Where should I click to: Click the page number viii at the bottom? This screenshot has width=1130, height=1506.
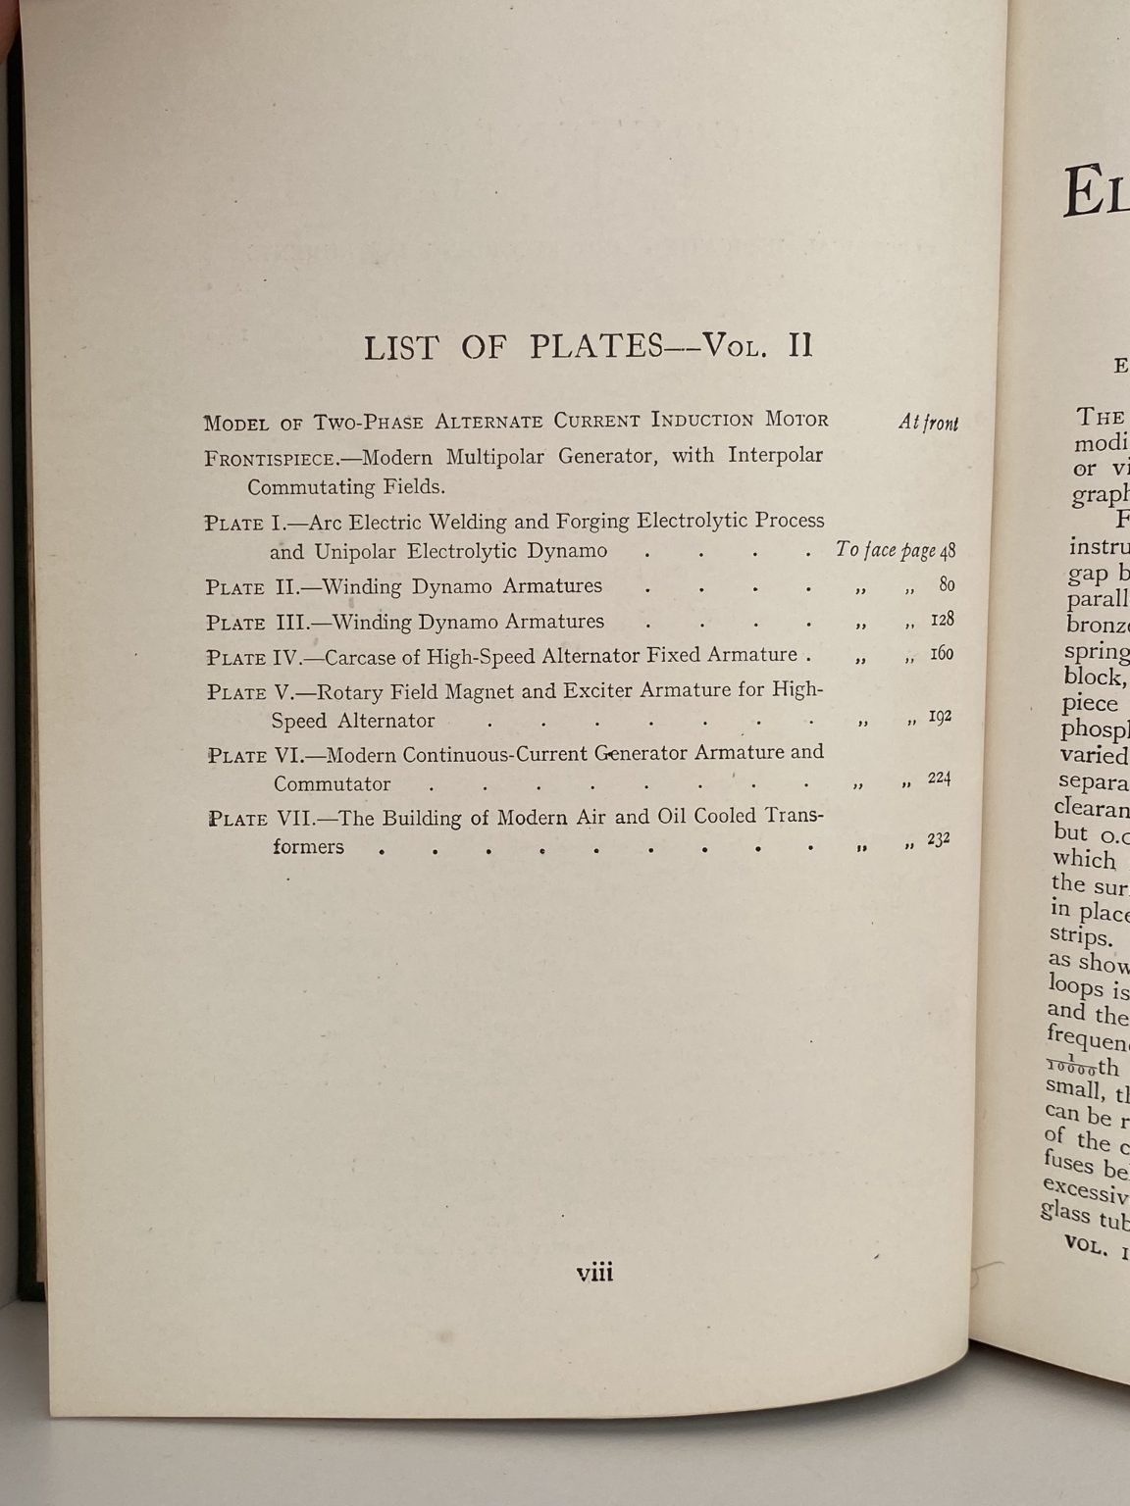[x=594, y=1273]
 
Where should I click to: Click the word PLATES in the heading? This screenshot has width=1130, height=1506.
[x=596, y=347]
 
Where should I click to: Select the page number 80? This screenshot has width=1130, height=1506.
[x=947, y=585]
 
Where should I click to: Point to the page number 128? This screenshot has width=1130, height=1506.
[x=943, y=620]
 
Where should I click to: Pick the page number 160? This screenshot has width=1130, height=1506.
[x=942, y=653]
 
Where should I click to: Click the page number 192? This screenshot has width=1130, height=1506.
[x=940, y=717]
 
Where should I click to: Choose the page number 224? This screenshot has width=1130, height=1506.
[x=940, y=778]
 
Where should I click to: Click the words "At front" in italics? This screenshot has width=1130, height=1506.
[x=928, y=423]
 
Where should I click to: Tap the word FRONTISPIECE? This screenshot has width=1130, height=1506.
[x=271, y=459]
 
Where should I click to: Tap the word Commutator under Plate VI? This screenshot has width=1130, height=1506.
[x=332, y=784]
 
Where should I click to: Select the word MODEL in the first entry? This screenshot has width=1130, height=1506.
[x=236, y=424]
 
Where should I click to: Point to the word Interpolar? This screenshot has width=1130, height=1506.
[x=775, y=455]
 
